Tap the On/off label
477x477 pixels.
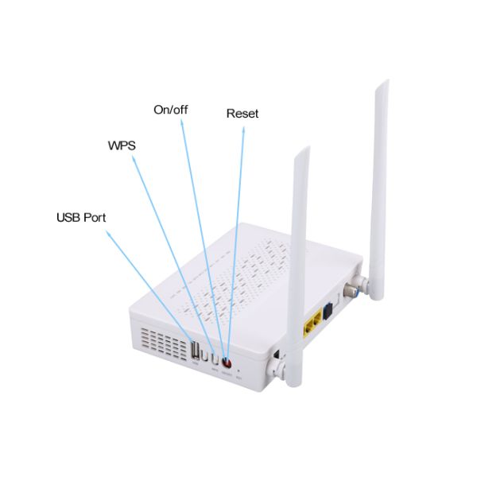(x=170, y=109)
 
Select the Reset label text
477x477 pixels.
(x=242, y=114)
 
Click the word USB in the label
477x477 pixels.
(x=69, y=217)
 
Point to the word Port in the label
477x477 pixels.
(x=95, y=217)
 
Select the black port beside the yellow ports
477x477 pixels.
(x=327, y=312)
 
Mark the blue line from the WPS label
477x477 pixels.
(x=163, y=238)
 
